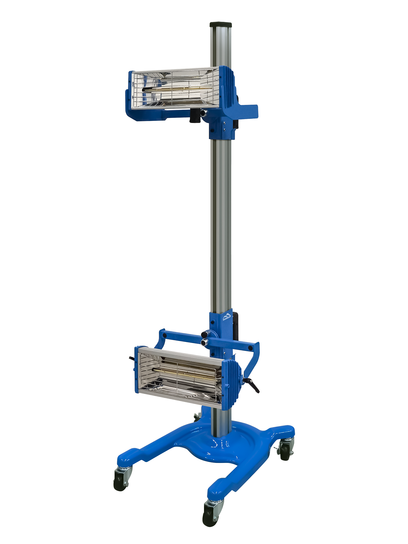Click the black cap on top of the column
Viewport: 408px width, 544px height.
[x=221, y=24]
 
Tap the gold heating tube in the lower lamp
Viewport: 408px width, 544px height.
[x=185, y=374]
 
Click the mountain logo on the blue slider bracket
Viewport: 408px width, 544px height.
[x=227, y=317]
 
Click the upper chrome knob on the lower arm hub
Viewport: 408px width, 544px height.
[x=205, y=333]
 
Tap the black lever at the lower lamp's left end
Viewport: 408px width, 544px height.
[x=132, y=359]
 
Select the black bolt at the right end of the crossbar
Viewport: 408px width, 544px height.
[x=250, y=348]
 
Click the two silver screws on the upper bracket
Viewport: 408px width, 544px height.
[x=224, y=126]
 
